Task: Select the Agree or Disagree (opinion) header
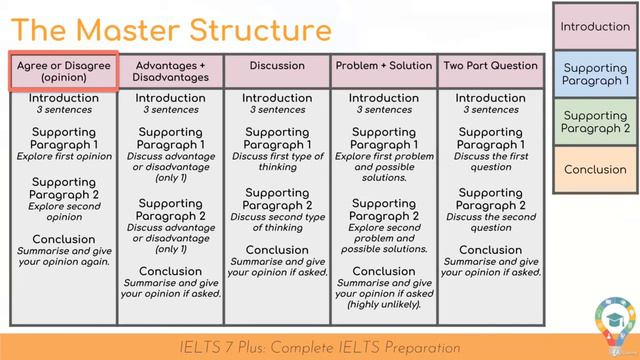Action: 64,71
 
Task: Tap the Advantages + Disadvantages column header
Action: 170,71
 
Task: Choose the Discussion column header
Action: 277,66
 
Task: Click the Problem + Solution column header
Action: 384,66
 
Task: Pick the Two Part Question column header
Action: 490,66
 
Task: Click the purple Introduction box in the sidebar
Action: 595,27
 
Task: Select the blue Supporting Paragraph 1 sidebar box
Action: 595,74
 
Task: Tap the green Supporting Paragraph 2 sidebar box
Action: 595,122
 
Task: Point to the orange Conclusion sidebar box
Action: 595,169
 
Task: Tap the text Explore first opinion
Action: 64,157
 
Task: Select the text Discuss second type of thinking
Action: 277,221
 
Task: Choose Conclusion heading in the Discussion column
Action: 277,250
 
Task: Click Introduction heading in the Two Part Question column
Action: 490,98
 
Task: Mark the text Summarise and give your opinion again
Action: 64,256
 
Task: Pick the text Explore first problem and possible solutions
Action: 384,167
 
